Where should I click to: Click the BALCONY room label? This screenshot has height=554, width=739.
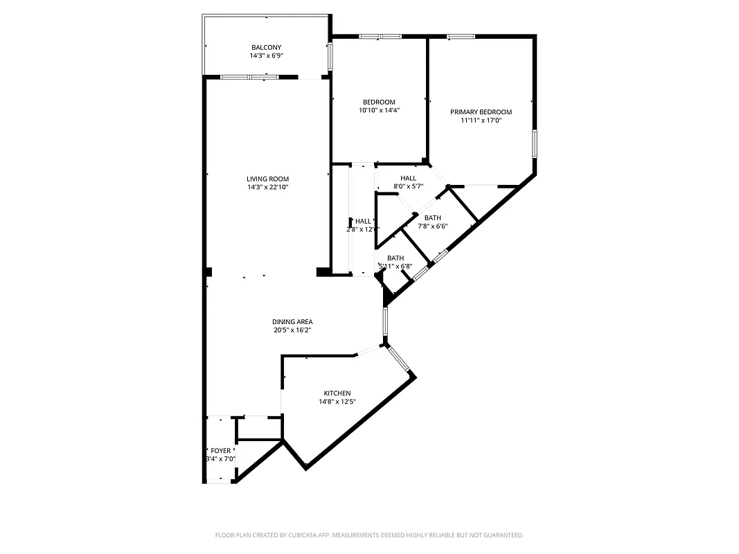tap(267, 47)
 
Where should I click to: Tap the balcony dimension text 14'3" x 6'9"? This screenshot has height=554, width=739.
tap(267, 55)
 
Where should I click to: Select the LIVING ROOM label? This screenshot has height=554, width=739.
tap(267, 179)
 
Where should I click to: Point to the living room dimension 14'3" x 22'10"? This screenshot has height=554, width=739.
tap(267, 187)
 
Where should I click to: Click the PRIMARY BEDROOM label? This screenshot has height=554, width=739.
tap(481, 112)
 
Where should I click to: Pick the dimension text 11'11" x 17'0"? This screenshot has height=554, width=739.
tap(481, 120)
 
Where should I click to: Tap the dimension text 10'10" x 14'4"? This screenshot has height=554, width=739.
tap(379, 110)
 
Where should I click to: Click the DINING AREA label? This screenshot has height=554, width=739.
tap(292, 321)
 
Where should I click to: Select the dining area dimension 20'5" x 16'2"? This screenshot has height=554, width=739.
tap(292, 330)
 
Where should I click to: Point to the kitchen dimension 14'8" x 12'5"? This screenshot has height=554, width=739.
tap(337, 402)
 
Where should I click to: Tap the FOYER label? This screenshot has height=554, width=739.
tap(221, 450)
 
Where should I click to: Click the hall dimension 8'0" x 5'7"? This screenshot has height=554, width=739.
tap(408, 186)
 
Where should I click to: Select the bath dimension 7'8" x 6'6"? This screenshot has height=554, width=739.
tap(432, 226)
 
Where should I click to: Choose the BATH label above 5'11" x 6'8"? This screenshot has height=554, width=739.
tap(395, 258)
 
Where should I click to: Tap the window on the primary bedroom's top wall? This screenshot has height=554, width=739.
tap(461, 36)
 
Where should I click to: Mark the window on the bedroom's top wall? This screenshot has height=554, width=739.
tap(380, 36)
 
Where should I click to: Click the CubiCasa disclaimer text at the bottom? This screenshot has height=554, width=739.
tap(369, 535)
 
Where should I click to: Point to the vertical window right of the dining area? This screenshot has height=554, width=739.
tap(385, 323)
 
